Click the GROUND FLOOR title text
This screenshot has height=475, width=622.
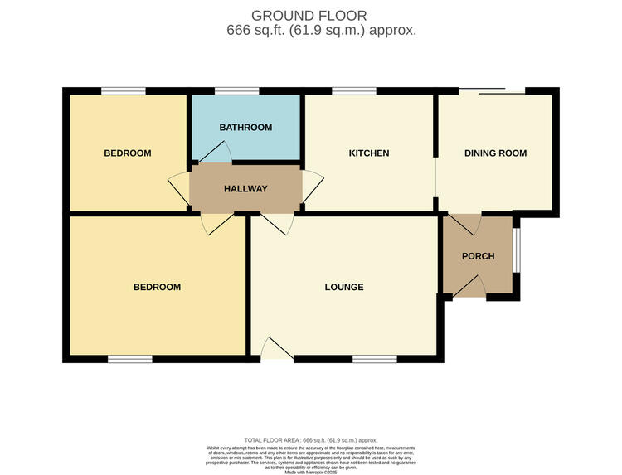(x=309, y=16)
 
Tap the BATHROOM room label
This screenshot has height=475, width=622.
(x=245, y=128)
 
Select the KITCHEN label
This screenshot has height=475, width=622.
(x=368, y=153)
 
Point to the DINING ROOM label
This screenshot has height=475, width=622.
(x=495, y=153)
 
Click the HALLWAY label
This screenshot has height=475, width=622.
(x=245, y=189)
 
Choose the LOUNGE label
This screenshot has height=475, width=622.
(x=343, y=288)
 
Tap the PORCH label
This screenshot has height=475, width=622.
(x=478, y=256)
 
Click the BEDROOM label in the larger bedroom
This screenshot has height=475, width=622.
(x=157, y=288)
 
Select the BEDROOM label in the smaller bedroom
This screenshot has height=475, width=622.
(x=127, y=153)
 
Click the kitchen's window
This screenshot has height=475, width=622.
(x=353, y=90)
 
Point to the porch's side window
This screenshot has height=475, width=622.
(x=516, y=250)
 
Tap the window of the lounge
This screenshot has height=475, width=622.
(x=374, y=359)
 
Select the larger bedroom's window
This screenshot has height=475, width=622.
(x=129, y=359)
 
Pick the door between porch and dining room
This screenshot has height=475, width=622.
(x=468, y=222)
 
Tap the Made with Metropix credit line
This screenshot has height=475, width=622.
(x=311, y=472)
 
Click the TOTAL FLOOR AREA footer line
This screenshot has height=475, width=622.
(x=311, y=440)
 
